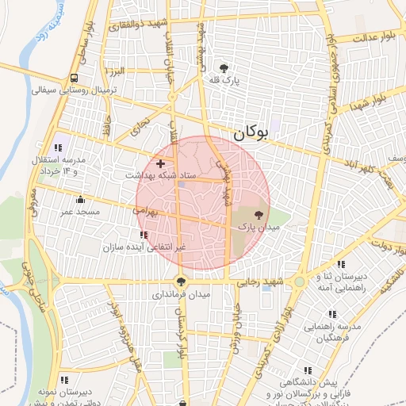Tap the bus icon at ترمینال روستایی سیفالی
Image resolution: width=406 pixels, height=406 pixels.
74,78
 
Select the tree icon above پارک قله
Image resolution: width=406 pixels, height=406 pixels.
226,68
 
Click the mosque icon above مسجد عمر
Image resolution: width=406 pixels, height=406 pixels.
80,200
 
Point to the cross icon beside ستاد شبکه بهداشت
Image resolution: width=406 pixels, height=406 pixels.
160,163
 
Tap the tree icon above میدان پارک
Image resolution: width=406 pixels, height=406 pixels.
258,214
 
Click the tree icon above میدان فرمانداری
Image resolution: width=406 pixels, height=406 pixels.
182,281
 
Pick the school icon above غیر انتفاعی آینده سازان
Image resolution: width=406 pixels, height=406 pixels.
143,235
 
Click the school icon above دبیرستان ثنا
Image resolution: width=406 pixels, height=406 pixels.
341,264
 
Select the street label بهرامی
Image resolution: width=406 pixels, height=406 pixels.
147,212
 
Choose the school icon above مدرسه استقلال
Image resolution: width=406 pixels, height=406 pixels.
58,147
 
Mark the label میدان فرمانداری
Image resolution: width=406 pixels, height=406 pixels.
182,293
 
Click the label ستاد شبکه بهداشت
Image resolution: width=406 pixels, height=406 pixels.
163,174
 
